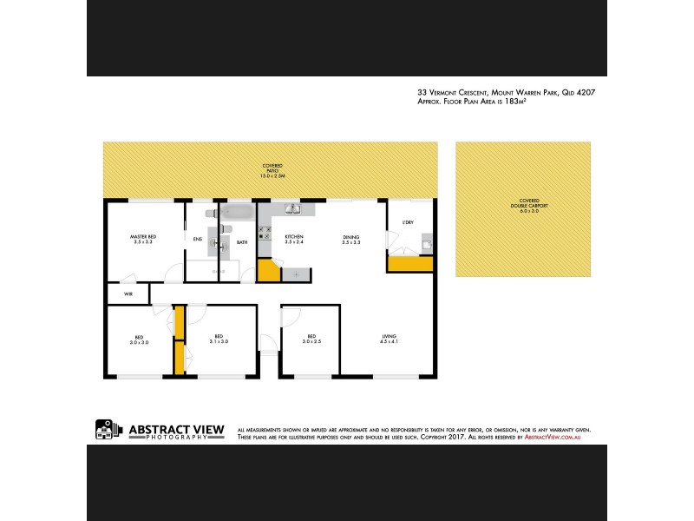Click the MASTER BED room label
pyautogui.click(x=143, y=236)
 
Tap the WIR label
pyautogui.click(x=128, y=295)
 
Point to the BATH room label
pyautogui.click(x=242, y=242)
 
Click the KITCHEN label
pyautogui.click(x=293, y=236)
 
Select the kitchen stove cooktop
pyautogui.click(x=266, y=234)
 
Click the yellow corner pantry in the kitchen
pyautogui.click(x=269, y=270)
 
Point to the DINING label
pyautogui.click(x=350, y=236)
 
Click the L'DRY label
pyautogui.click(x=408, y=223)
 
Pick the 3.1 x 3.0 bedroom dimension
pyautogui.click(x=219, y=342)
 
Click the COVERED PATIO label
pyautogui.click(x=272, y=170)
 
